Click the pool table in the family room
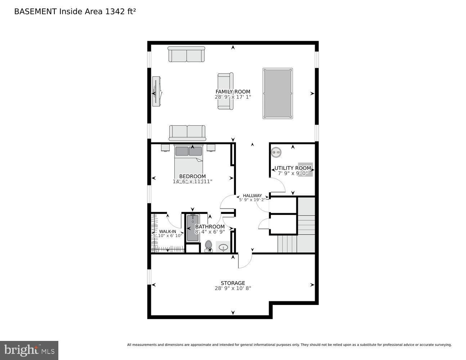click(x=277, y=93)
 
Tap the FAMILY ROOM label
click(x=233, y=92)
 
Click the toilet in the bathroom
click(x=208, y=246)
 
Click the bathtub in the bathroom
click(x=193, y=228)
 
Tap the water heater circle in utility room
click(x=276, y=153)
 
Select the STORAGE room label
click(x=233, y=283)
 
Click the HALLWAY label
click(x=252, y=195)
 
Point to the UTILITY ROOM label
click(x=293, y=168)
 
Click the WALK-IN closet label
click(x=167, y=231)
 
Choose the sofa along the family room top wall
click(x=186, y=54)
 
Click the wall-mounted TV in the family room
click(x=156, y=91)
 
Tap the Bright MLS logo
click(x=29, y=350)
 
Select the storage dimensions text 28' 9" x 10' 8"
click(x=233, y=288)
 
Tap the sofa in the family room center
click(x=225, y=91)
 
